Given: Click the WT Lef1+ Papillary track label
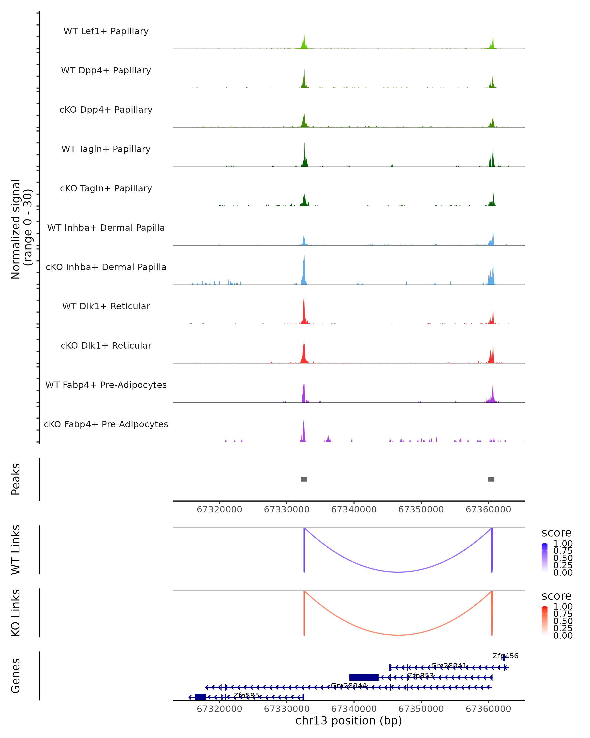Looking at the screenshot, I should coord(106,31).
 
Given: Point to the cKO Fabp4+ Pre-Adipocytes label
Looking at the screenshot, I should coord(106,424).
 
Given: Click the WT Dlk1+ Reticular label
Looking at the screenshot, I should coord(106,306).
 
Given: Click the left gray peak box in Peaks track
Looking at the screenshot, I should coord(304,479).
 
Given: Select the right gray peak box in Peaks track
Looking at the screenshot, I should coord(491,479).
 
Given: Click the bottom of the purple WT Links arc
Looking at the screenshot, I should coord(398,572).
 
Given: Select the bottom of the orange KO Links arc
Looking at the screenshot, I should coord(398,635).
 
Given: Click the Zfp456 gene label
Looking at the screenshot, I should coord(505,656).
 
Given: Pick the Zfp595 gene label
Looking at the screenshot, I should coord(246,695).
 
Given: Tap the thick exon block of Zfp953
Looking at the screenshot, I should coord(364,677).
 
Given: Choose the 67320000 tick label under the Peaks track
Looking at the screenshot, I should coord(219,509).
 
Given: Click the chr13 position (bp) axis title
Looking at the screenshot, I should coord(349,721).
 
